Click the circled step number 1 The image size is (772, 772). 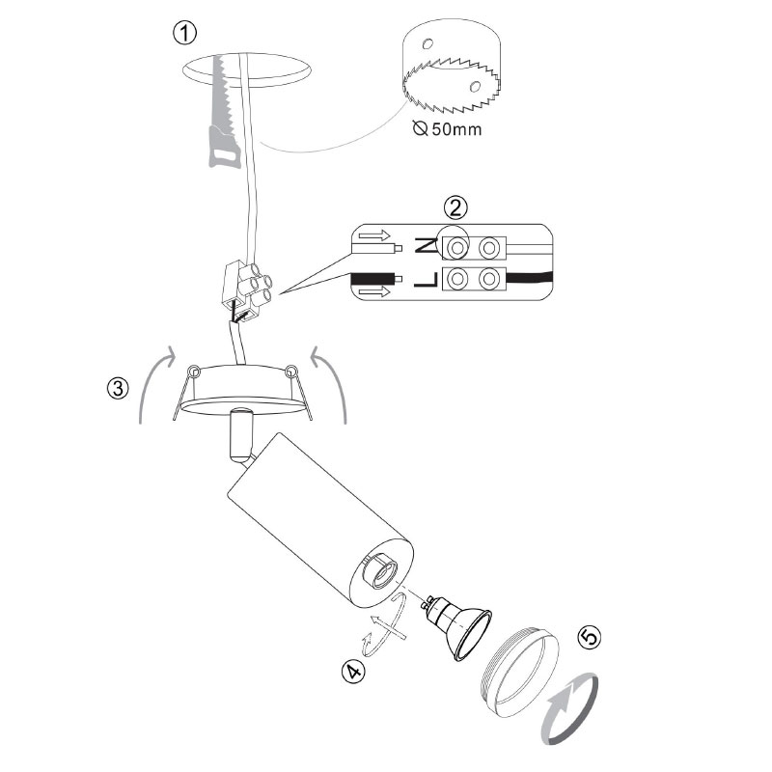click(184, 33)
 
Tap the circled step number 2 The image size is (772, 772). click(455, 207)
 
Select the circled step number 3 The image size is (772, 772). click(118, 388)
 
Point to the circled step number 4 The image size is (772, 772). click(353, 672)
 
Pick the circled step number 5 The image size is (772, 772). click(590, 637)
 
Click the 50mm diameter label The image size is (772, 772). click(447, 129)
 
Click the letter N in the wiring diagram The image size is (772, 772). click(426, 245)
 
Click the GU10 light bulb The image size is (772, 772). click(456, 626)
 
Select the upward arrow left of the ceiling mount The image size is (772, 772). click(153, 381)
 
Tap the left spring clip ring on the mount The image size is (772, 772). click(194, 371)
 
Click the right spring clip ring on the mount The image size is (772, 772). click(291, 370)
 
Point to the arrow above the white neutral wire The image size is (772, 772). click(374, 235)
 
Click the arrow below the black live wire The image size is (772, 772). click(374, 292)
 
